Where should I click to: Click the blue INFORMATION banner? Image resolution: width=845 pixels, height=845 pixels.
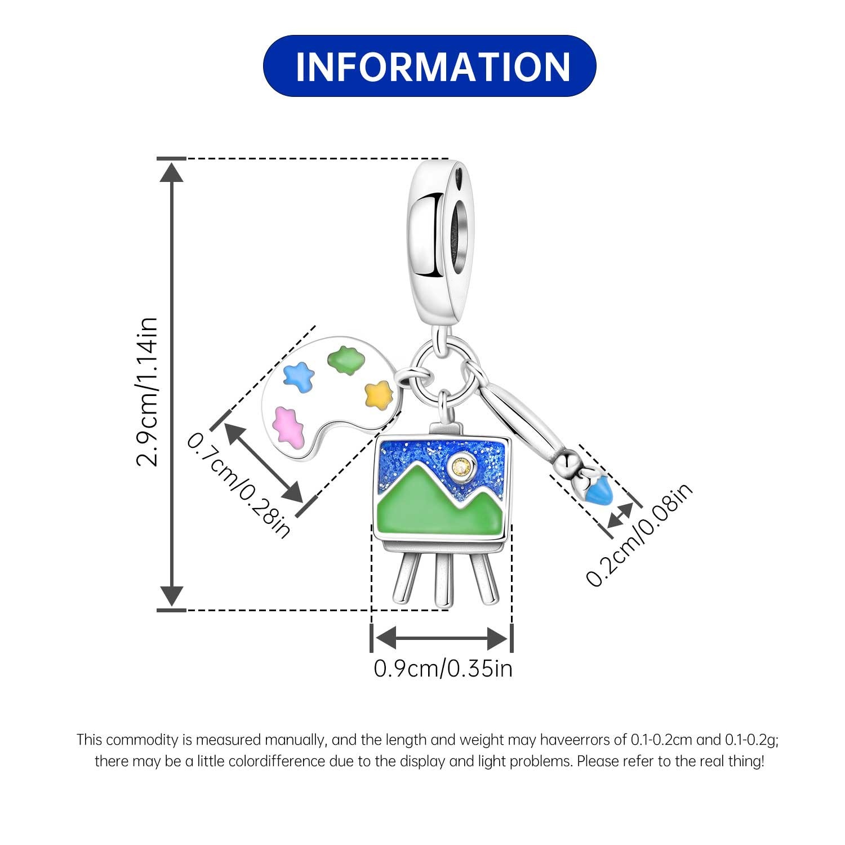tap(429, 66)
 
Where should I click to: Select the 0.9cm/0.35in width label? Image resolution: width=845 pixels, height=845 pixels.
tap(443, 669)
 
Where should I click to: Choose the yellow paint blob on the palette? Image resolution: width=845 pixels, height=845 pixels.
tap(378, 393)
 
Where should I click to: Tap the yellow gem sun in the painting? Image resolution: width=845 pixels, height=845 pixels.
tap(462, 465)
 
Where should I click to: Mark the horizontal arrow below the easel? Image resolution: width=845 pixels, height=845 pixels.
tap(442, 638)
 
